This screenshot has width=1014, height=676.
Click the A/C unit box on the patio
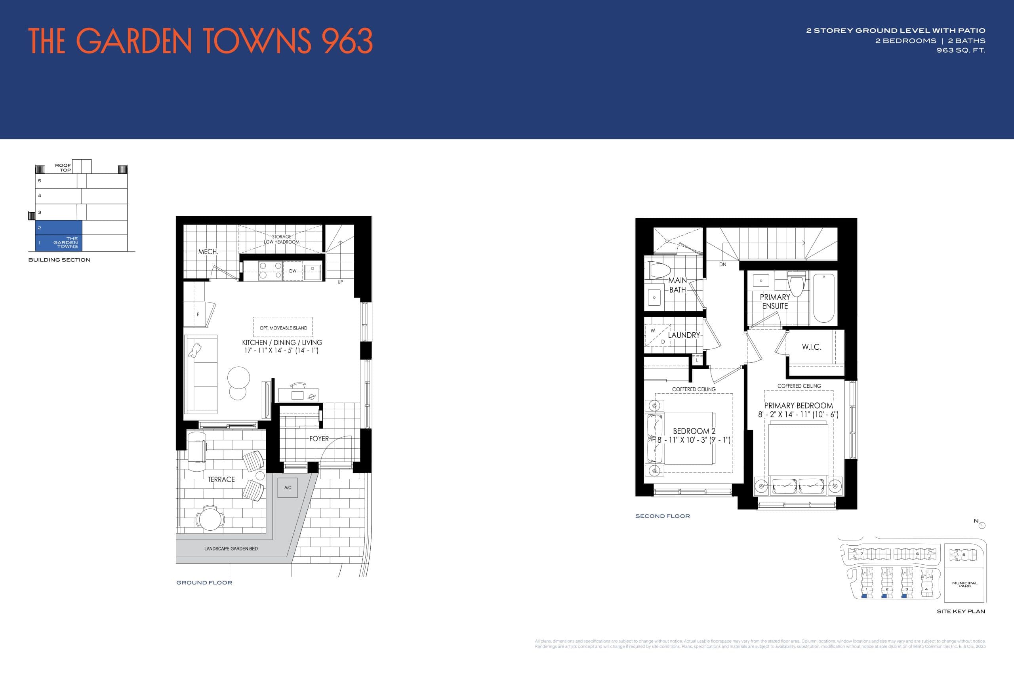click(288, 487)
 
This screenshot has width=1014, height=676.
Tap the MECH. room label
click(208, 252)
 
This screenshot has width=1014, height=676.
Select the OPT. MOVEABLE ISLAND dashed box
click(283, 327)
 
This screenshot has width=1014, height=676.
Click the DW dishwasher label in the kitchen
click(293, 271)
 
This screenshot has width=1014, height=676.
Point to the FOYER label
click(318, 438)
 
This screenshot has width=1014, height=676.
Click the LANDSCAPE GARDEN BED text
click(231, 549)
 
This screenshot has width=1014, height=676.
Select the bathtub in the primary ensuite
click(823, 298)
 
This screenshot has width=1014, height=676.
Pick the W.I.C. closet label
click(811, 347)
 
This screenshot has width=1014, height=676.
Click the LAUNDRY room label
click(684, 335)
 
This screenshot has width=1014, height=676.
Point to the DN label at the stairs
click(722, 264)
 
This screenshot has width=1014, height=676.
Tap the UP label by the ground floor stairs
click(340, 282)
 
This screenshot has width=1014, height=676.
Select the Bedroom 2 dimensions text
click(694, 440)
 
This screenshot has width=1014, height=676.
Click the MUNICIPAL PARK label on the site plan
click(965, 584)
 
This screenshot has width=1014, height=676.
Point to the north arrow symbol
click(982, 525)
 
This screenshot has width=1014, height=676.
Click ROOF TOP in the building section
click(63, 168)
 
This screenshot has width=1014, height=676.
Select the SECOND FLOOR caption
click(662, 516)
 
